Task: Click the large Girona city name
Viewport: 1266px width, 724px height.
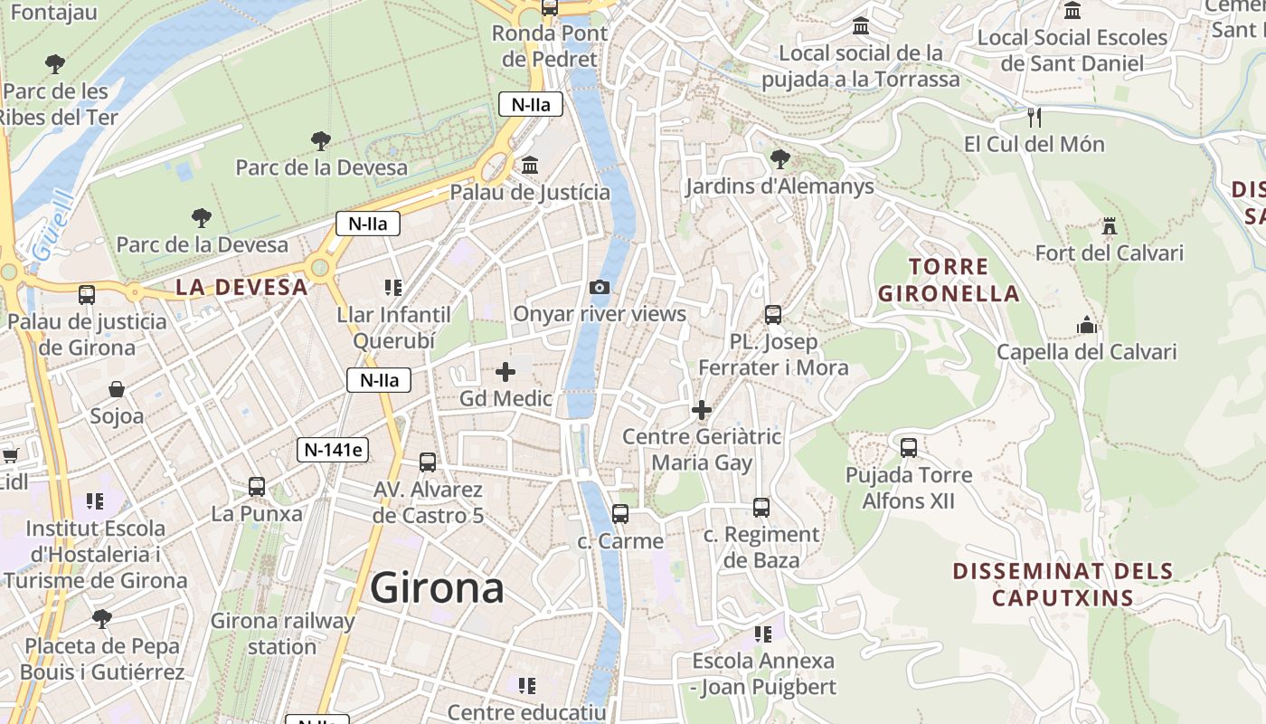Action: (x=437, y=588)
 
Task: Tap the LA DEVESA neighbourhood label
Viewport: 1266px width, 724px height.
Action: (x=241, y=288)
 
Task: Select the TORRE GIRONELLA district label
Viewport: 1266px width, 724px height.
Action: (x=949, y=280)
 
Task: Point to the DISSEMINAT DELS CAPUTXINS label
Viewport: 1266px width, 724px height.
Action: (x=1063, y=585)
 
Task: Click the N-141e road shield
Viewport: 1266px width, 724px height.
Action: (x=333, y=449)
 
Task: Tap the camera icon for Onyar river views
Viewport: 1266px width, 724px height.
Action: (x=599, y=288)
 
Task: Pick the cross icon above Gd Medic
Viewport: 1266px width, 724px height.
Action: (x=505, y=372)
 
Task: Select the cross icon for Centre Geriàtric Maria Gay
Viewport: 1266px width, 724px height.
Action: (x=702, y=410)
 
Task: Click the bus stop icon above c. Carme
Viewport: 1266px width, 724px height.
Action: (x=619, y=514)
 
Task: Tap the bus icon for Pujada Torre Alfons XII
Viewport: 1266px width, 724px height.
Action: (x=909, y=448)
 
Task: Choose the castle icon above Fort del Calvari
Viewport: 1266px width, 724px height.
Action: (x=1110, y=226)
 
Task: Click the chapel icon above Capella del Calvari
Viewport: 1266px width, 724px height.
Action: (x=1086, y=325)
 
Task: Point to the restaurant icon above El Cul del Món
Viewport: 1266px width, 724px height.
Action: (x=1035, y=117)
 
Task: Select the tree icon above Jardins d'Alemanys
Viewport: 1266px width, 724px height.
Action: (x=779, y=160)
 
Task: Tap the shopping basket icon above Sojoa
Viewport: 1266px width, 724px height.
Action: (x=117, y=390)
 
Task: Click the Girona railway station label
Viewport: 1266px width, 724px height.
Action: (x=282, y=633)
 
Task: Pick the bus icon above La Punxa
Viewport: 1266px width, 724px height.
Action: (x=257, y=487)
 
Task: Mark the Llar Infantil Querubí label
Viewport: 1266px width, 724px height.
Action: (x=393, y=328)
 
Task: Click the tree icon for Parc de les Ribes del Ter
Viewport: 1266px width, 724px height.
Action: (x=55, y=64)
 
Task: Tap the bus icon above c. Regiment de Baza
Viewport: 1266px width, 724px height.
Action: (x=761, y=508)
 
